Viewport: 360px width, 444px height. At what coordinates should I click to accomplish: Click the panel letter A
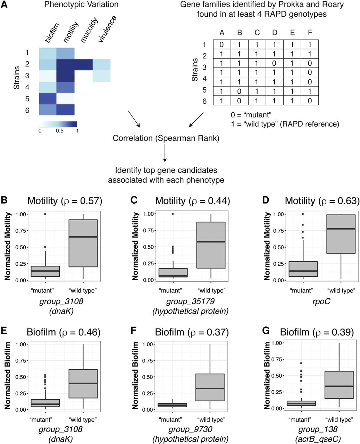coord(4,5)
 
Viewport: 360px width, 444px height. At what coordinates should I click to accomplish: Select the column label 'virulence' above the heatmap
coord(107,29)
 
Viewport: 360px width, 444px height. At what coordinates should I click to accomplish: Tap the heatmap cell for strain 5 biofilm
coord(48,98)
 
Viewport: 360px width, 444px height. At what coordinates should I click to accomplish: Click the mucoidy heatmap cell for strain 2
coord(83,65)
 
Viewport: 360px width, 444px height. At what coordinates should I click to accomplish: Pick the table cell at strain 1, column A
coord(222,44)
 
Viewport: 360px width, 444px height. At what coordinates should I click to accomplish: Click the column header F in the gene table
coord(310,33)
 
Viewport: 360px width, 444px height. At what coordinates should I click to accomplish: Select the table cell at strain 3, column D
coord(275,63)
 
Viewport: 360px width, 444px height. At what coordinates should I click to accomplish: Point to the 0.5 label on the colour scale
coord(60,131)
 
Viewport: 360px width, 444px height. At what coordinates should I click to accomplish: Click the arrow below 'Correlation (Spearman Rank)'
coord(165,153)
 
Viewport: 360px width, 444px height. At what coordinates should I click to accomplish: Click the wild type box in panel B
coord(83,243)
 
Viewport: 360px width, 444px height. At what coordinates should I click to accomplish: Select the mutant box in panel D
coord(303,269)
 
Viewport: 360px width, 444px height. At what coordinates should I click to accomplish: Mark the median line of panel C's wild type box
coord(211,241)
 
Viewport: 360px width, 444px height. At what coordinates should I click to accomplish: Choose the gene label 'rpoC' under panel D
coord(321,301)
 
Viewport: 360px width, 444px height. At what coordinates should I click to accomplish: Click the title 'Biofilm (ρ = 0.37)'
coord(192,332)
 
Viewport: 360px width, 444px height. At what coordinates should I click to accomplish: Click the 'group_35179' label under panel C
coord(190,301)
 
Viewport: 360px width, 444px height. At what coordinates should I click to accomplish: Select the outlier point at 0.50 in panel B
coord(45,247)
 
